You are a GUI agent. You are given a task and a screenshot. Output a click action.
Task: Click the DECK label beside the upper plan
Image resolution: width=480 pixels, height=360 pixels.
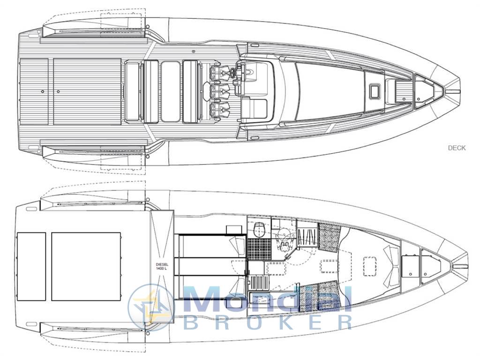tap(457, 148)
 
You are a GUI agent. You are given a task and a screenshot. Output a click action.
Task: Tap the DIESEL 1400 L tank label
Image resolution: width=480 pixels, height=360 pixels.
tap(162, 266)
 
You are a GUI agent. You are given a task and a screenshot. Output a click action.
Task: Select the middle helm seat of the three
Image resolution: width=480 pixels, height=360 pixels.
tap(219, 89)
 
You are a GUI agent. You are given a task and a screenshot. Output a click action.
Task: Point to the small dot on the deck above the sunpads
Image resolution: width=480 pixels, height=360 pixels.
tap(193, 51)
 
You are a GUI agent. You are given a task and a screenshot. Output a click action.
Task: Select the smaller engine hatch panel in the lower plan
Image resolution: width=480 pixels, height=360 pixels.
tap(31, 266)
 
